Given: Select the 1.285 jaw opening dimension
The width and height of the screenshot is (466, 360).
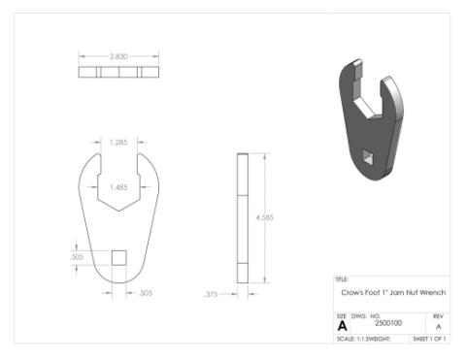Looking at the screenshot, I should (119, 143).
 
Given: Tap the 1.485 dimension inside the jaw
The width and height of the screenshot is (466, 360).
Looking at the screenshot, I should (118, 186).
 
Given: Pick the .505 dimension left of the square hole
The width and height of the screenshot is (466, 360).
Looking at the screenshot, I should (77, 257).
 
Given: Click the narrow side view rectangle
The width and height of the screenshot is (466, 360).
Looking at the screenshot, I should (240, 216).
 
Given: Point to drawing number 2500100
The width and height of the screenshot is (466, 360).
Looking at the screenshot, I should (387, 327).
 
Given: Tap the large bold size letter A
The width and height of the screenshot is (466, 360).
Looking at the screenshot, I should (342, 326).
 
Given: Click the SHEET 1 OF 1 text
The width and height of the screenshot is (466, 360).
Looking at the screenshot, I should (428, 339).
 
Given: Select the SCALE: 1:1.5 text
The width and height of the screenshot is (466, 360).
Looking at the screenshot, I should (352, 339).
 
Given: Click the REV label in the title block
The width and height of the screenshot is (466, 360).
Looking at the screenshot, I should (439, 316).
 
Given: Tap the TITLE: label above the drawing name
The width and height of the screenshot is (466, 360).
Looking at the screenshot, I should (340, 279).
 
